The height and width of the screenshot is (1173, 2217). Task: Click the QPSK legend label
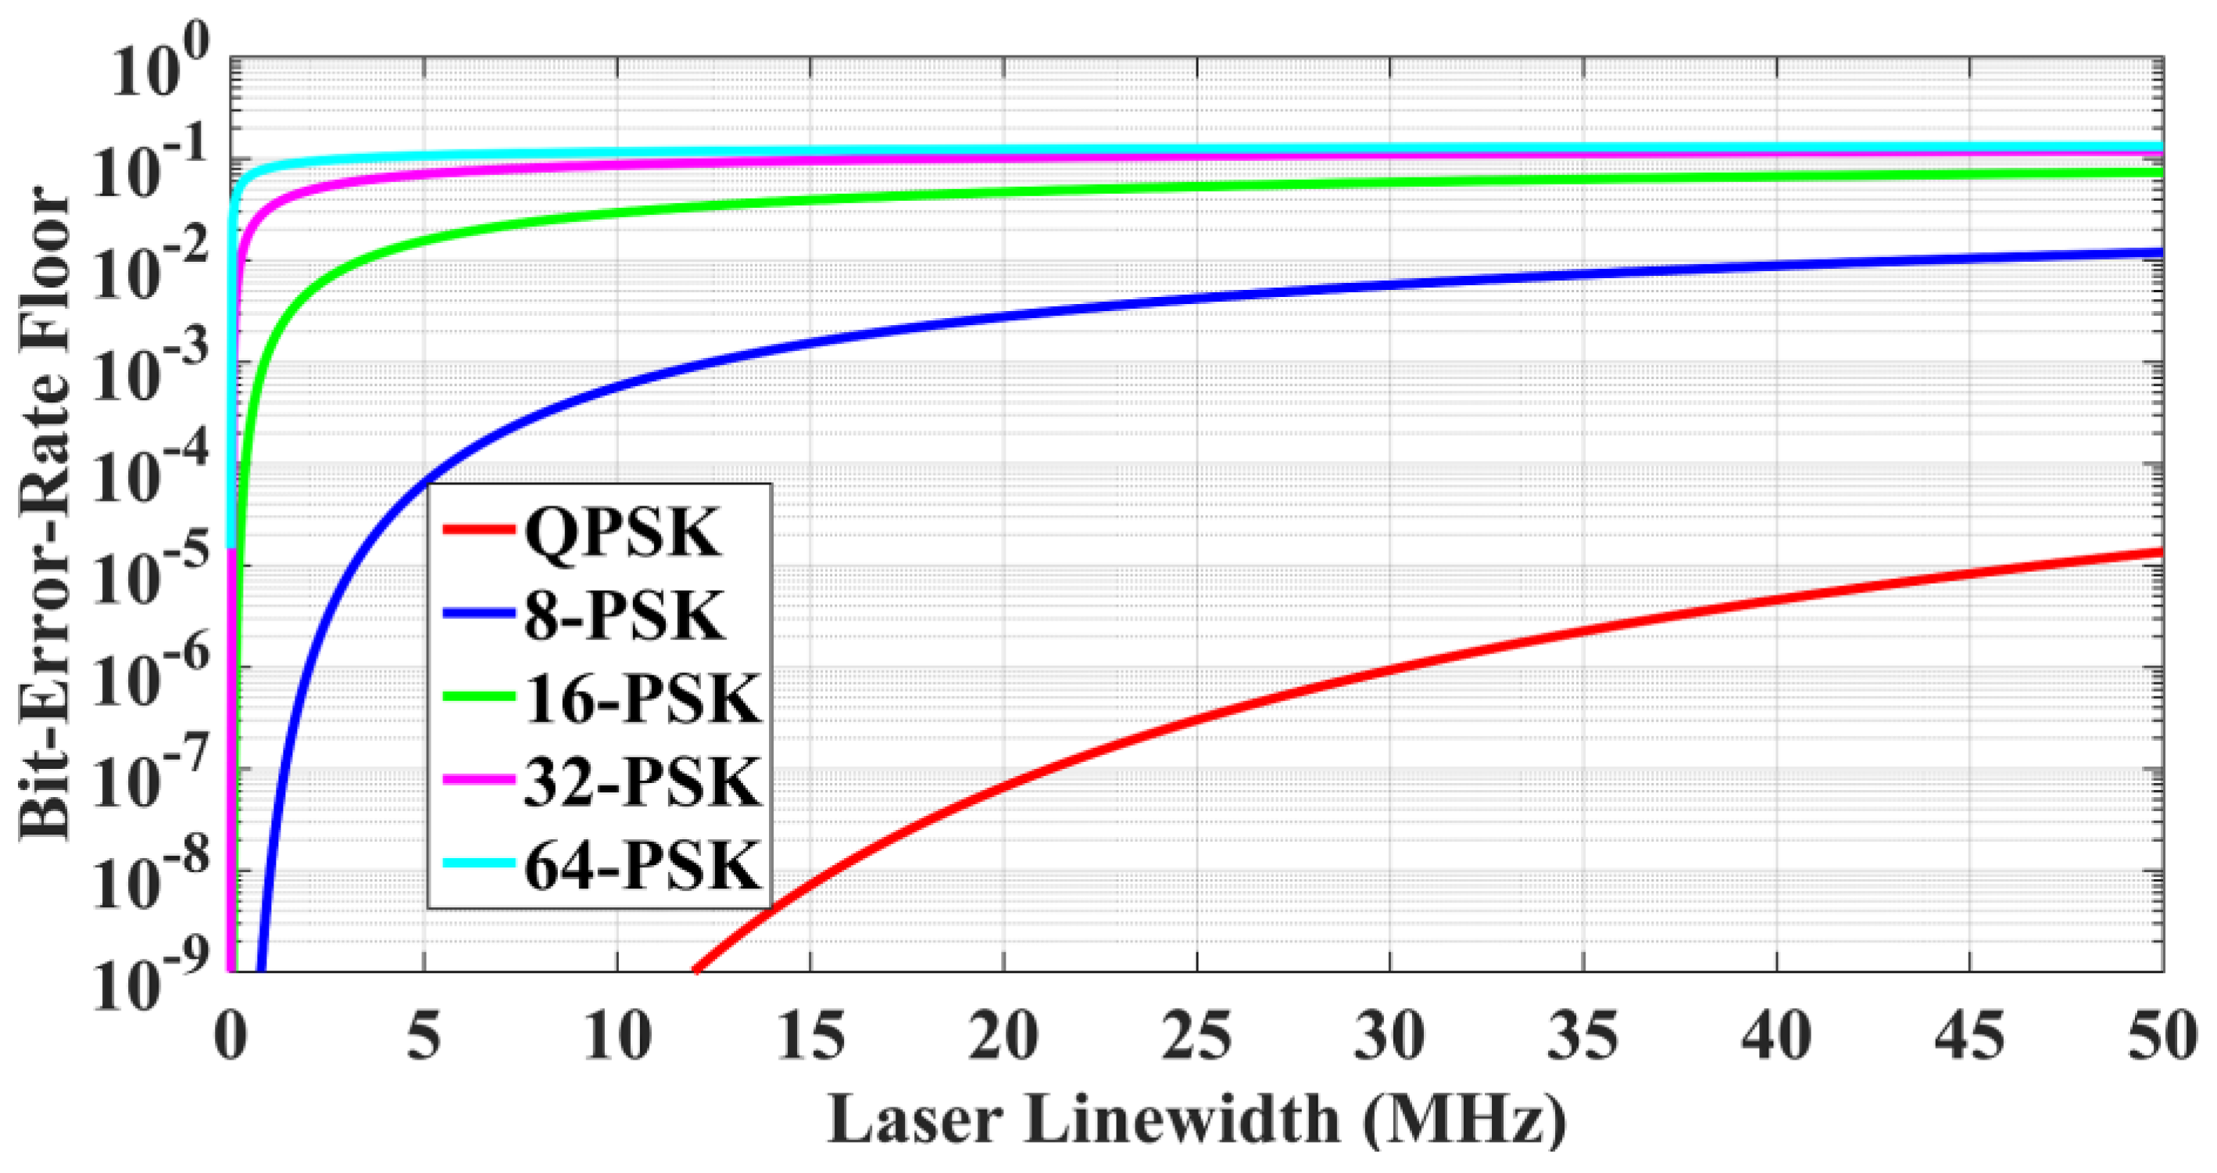coord(622,535)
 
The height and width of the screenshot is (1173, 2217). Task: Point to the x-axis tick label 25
coord(1196,1036)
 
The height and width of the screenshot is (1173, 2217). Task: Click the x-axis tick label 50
coord(2162,1036)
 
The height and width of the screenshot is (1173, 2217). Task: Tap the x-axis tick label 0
coord(231,1036)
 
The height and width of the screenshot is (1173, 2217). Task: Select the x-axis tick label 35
coord(1582,1036)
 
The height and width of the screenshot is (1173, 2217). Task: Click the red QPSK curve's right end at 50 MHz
coord(2158,553)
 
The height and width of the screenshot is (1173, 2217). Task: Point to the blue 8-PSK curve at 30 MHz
coord(1390,282)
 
